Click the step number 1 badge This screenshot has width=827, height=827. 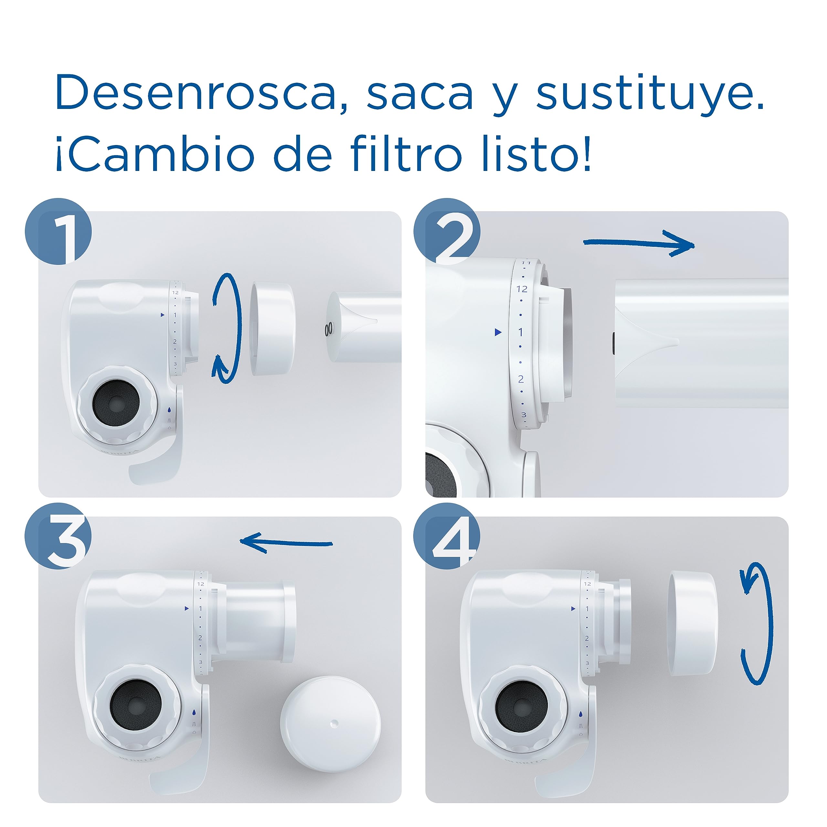pos(59,232)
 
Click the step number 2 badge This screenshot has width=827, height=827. pos(446,232)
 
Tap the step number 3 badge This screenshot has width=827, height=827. pos(59,536)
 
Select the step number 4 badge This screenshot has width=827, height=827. pos(446,536)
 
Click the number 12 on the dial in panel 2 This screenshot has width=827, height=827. pos(522,289)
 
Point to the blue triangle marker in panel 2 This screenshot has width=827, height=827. pos(497,332)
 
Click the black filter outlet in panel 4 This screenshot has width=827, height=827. pos(521,706)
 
